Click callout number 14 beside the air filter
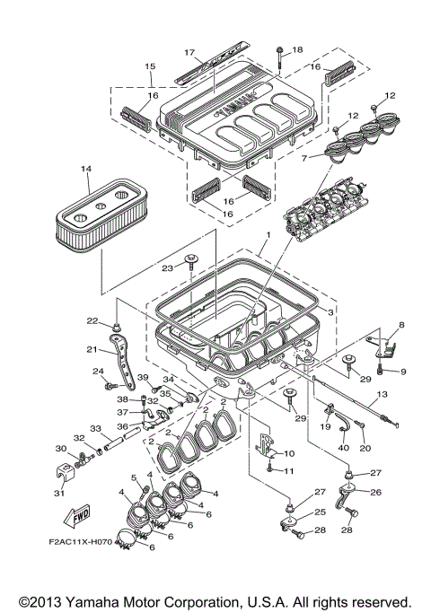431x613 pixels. pos(86,169)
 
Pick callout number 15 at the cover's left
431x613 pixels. pos(149,66)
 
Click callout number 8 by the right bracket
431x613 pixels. pos(401,325)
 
